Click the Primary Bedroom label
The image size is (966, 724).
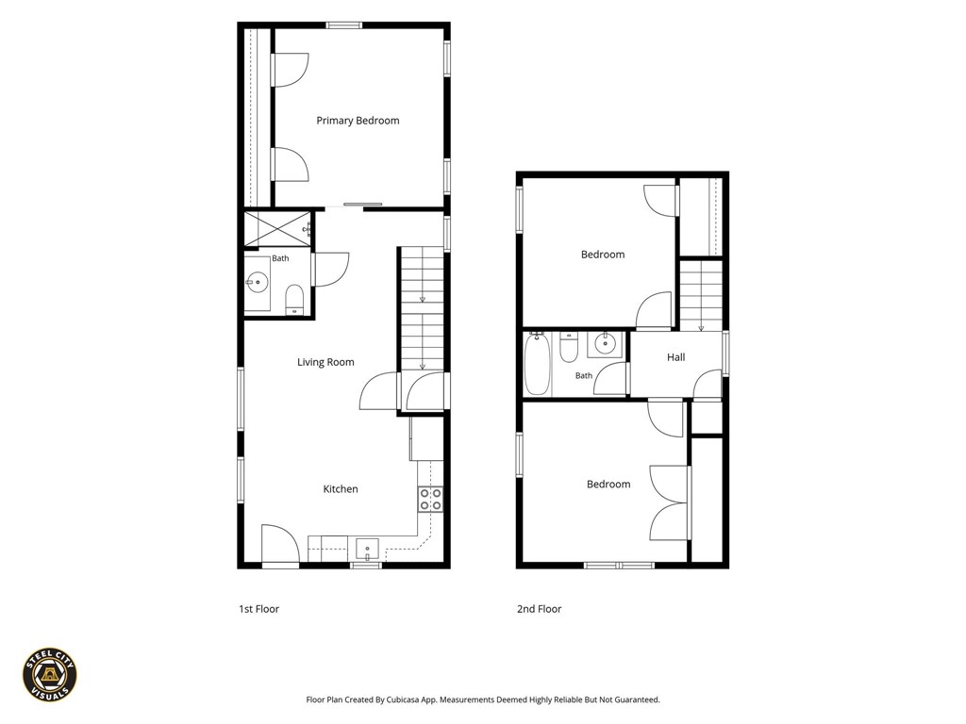coord(358,121)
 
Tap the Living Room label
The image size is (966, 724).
coord(325,362)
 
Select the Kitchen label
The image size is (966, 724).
coord(340,489)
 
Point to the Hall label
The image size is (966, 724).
coord(675,357)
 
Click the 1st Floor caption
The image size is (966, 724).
coord(258,609)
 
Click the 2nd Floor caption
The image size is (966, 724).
coord(539,609)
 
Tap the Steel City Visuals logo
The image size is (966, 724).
coord(50,675)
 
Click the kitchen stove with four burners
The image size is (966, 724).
coord(430,500)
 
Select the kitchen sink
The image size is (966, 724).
coord(367,549)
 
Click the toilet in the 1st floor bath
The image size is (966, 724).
coord(294,299)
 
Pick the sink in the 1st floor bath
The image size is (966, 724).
coord(257,284)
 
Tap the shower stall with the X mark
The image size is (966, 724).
coord(278,229)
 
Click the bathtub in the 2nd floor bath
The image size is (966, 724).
coord(537,364)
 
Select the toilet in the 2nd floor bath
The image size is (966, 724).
coord(568,348)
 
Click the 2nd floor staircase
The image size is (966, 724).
coord(701,295)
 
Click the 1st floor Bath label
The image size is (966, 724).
coord(280,258)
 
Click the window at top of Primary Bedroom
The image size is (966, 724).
coord(343,25)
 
